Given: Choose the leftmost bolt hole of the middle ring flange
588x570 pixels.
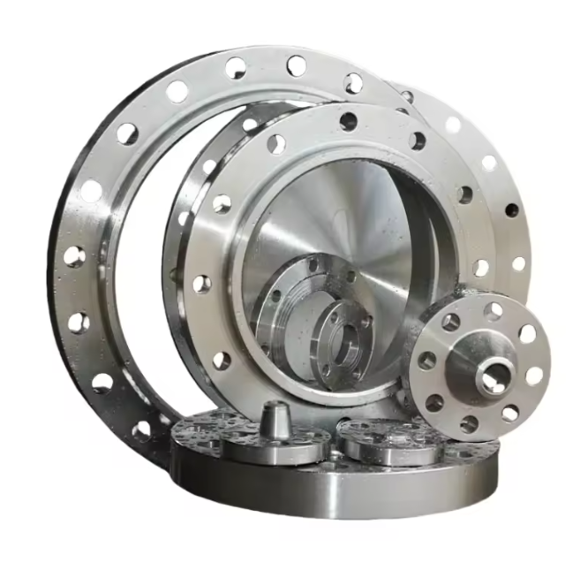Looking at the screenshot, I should click(x=202, y=284).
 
